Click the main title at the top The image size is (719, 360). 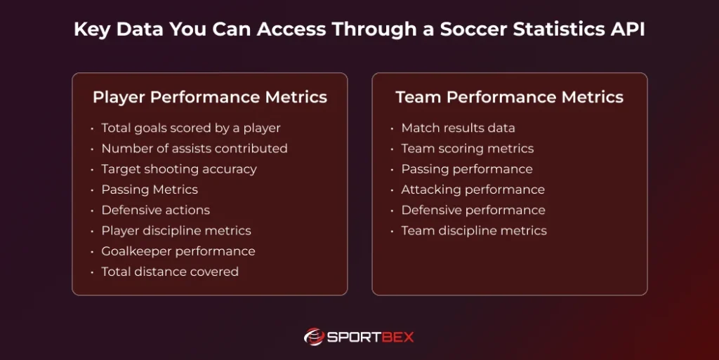click(x=359, y=30)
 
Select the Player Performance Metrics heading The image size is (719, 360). click(x=209, y=97)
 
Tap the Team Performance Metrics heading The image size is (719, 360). click(x=509, y=97)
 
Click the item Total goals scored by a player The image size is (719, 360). click(x=190, y=128)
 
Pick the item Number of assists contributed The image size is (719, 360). click(x=194, y=148)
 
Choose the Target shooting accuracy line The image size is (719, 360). click(x=178, y=169)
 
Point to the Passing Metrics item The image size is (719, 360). click(x=149, y=189)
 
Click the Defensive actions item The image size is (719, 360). click(x=155, y=210)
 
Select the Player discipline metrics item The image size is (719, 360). click(x=176, y=230)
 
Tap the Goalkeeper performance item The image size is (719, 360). click(x=178, y=251)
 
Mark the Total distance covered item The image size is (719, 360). click(x=169, y=272)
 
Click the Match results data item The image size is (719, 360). click(x=458, y=128)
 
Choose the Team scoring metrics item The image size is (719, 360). click(x=467, y=148)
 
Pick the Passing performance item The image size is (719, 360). click(x=466, y=169)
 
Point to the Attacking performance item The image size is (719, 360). click(x=473, y=189)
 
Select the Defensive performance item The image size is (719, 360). click(x=473, y=210)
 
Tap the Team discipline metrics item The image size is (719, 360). click(x=473, y=230)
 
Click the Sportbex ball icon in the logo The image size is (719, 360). click(x=313, y=337)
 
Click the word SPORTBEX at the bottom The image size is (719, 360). click(x=371, y=338)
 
